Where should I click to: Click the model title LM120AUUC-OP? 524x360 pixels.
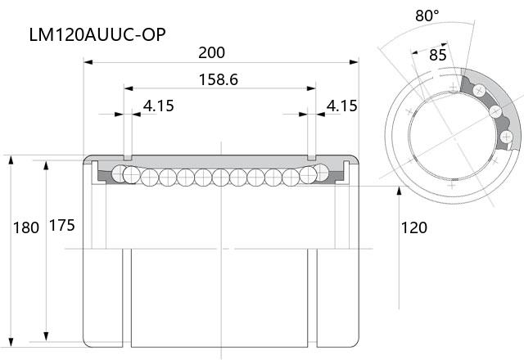97,34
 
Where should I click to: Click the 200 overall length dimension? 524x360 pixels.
211,52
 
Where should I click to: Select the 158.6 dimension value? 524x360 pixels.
219,80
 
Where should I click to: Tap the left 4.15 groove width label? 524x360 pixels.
159,106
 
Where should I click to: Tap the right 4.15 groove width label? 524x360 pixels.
342,106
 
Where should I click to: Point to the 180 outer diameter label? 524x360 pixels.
26,227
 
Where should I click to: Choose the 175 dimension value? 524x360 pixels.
62,226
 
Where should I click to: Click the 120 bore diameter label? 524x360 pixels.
413,227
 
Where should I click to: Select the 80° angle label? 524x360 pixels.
427,16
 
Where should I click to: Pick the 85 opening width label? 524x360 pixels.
438,56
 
